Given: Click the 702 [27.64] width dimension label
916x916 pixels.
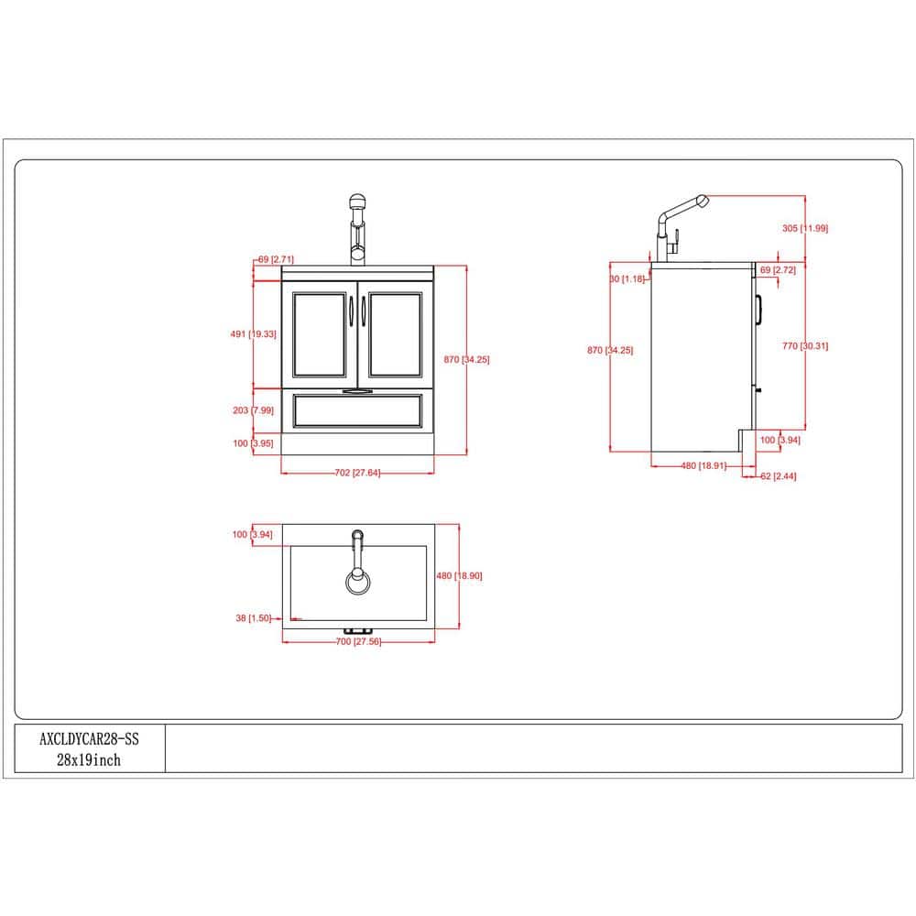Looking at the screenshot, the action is (357, 473).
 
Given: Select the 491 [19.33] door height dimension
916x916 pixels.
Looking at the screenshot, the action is (253, 334).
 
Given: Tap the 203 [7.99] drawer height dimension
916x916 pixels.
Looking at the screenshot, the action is (253, 410).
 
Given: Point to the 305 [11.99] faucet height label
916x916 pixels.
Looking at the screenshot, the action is (805, 228).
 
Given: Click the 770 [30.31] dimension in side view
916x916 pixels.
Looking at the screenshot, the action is (805, 346).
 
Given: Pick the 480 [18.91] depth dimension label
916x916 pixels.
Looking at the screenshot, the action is (703, 465).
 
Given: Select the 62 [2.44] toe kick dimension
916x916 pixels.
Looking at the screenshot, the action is (778, 476).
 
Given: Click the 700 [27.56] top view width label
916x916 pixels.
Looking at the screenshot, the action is (358, 641).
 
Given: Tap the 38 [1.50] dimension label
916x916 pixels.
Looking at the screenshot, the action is (254, 618).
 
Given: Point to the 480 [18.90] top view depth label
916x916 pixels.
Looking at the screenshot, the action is (459, 575).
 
